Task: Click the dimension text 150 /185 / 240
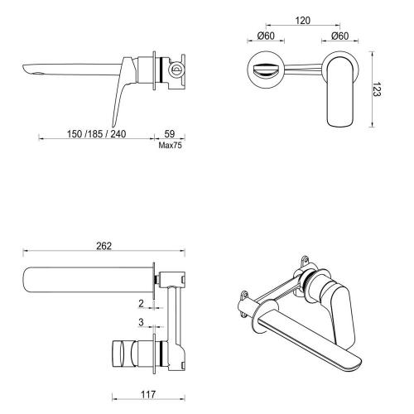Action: [96, 132]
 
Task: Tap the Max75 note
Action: [171, 144]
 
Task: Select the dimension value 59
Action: [171, 132]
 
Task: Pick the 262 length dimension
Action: [104, 246]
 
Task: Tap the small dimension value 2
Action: [142, 303]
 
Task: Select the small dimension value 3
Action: [142, 322]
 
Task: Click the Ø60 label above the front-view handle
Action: [340, 36]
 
